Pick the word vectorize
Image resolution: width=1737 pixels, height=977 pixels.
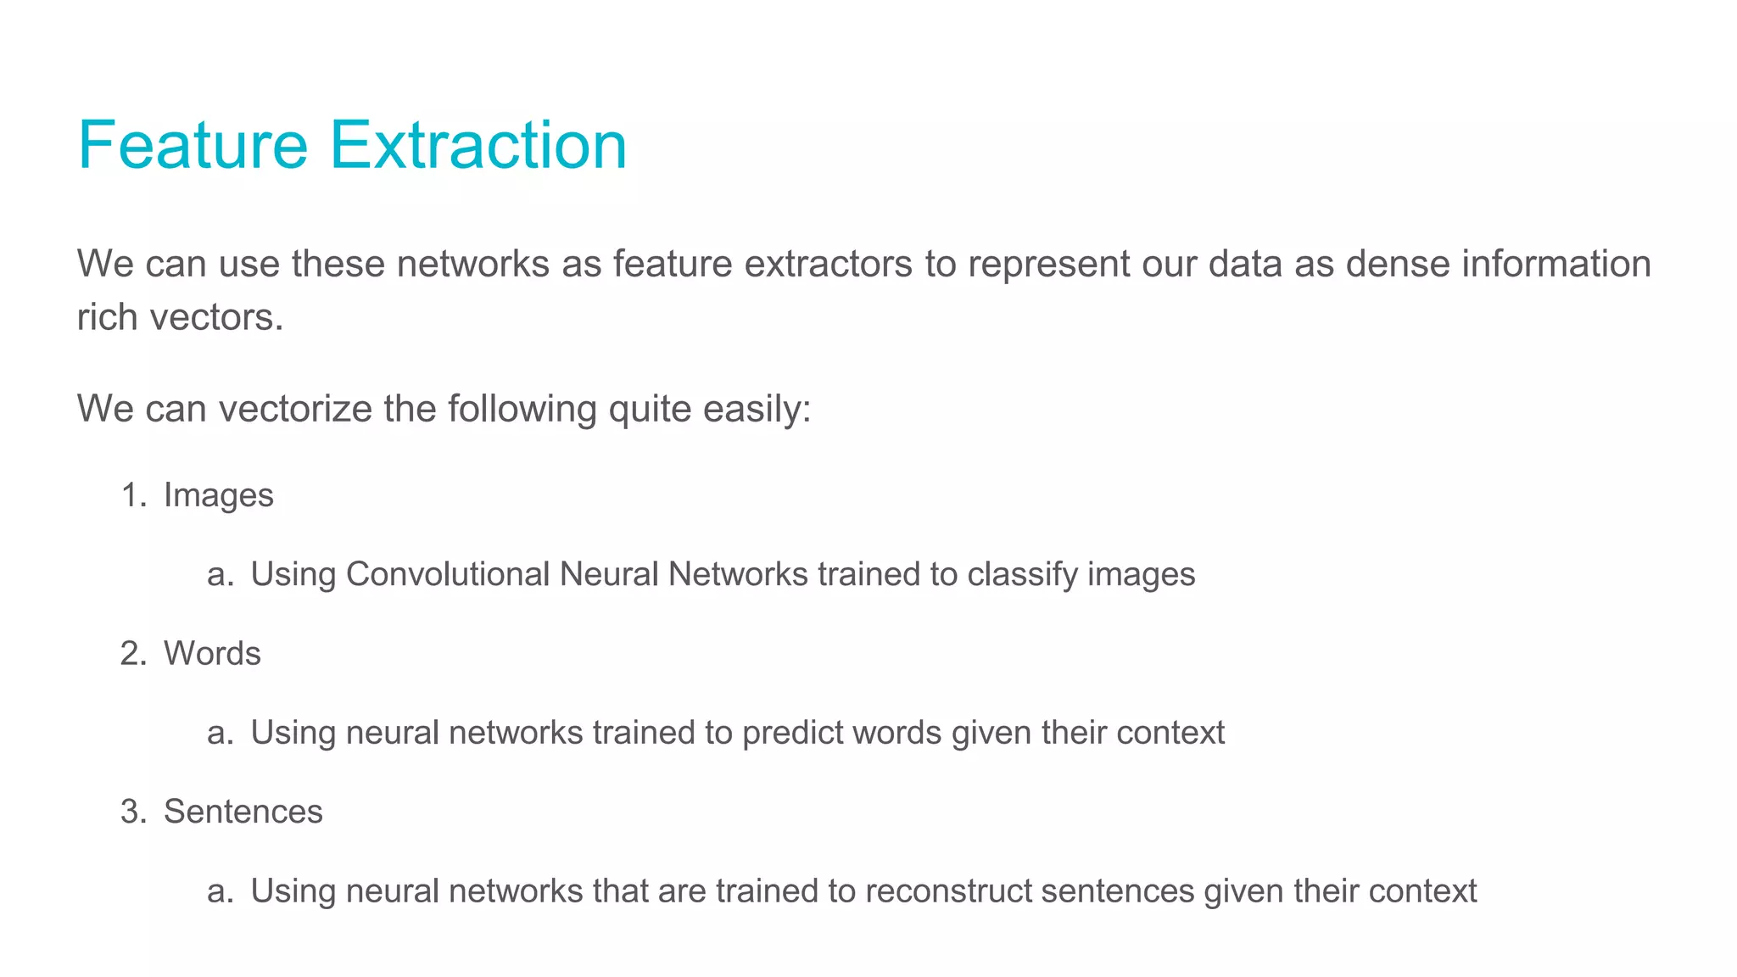[295, 409]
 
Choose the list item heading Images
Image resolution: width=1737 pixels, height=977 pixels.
[218, 496]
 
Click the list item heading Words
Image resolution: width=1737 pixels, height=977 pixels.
[212, 654]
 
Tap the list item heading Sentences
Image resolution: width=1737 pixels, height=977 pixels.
[243, 812]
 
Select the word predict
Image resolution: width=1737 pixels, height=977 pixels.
[794, 734]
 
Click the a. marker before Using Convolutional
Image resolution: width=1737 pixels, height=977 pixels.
[220, 575]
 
